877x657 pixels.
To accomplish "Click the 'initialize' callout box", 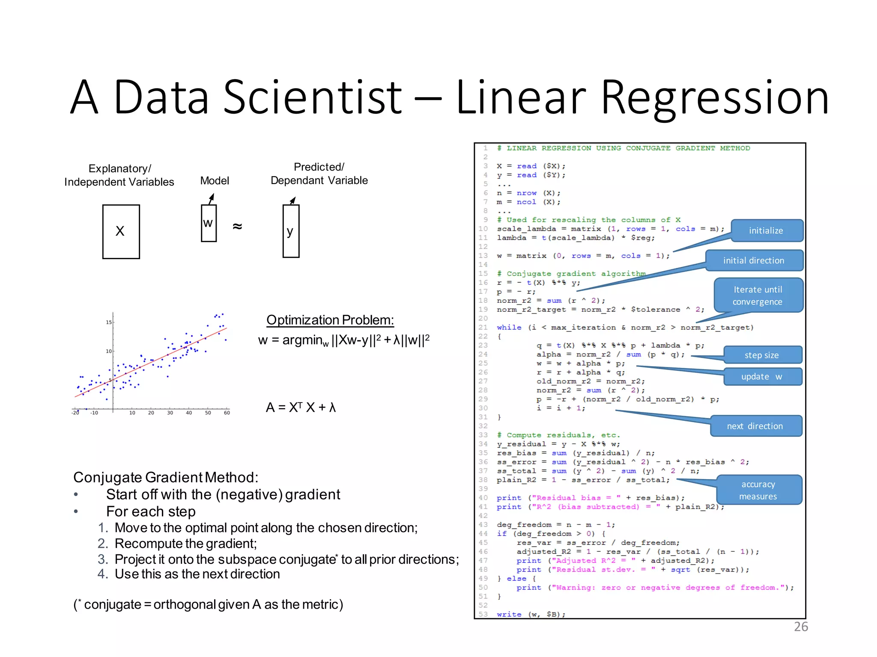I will (766, 231).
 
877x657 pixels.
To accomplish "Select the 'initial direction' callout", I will (754, 260).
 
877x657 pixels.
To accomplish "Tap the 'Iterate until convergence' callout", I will (758, 295).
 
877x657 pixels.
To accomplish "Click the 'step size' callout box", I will (762, 355).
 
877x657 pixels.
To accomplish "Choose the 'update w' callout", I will (762, 377).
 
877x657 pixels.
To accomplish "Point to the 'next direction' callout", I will (755, 426).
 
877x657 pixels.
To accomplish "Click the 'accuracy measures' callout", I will (758, 490).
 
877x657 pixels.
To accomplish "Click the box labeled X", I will (121, 231).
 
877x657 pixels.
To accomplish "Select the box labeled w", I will (209, 223).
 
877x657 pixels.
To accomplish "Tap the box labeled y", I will (291, 231).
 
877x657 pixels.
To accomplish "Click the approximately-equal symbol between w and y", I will (237, 226).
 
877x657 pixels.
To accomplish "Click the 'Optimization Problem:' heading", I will (330, 320).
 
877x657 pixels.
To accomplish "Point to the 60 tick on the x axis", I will (227, 413).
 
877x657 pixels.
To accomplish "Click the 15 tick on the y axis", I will (109, 322).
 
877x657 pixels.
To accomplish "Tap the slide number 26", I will (801, 627).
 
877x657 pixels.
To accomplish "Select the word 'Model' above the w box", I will (215, 181).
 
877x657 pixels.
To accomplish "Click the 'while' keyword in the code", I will (509, 328).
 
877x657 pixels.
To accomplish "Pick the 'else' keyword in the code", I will (516, 579).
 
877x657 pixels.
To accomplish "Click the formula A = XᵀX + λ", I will (301, 407).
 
